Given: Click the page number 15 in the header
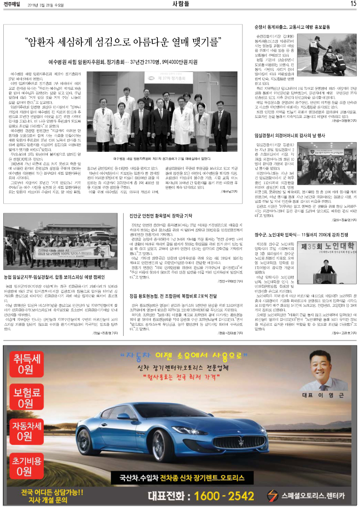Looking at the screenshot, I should pos(352,4).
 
